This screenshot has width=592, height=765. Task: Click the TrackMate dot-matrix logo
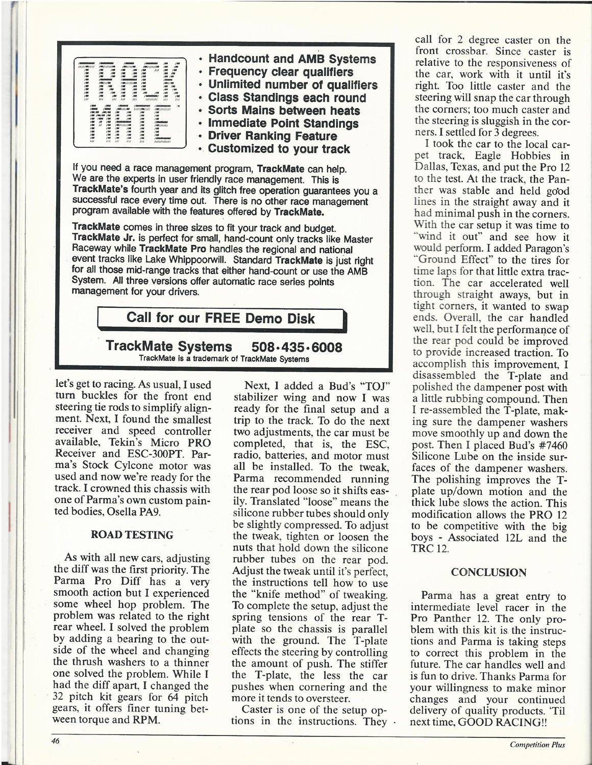[x=130, y=102]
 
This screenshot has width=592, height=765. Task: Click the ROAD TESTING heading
[x=132, y=535]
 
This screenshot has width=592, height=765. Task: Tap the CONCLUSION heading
[x=488, y=572]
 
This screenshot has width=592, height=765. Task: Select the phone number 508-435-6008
[x=297, y=347]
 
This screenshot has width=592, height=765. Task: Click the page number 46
[x=55, y=741]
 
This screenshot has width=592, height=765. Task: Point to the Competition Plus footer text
[x=537, y=745]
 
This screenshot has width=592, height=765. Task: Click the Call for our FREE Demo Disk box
[x=221, y=319]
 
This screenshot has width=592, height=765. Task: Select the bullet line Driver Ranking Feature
[x=272, y=136]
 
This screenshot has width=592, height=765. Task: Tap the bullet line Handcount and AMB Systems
[x=292, y=59]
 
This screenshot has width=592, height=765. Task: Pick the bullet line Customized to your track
[x=279, y=149]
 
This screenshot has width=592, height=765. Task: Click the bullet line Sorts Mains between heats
[x=284, y=111]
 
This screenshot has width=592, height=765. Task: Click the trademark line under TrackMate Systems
[x=224, y=359]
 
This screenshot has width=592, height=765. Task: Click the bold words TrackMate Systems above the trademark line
[x=168, y=347]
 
